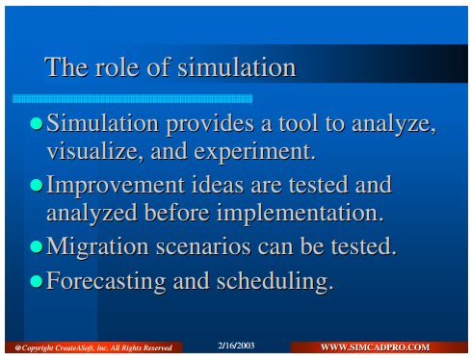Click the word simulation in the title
237,67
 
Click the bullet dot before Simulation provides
37,124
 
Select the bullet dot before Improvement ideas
37,186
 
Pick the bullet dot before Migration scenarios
37,246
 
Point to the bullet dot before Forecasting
37,281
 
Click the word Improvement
116,186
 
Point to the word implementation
301,214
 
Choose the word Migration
97,247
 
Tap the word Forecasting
106,282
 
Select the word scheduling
275,282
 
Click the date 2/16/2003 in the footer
236,346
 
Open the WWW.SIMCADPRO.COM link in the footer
375,347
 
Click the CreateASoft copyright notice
93,348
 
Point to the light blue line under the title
132,98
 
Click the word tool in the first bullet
299,123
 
